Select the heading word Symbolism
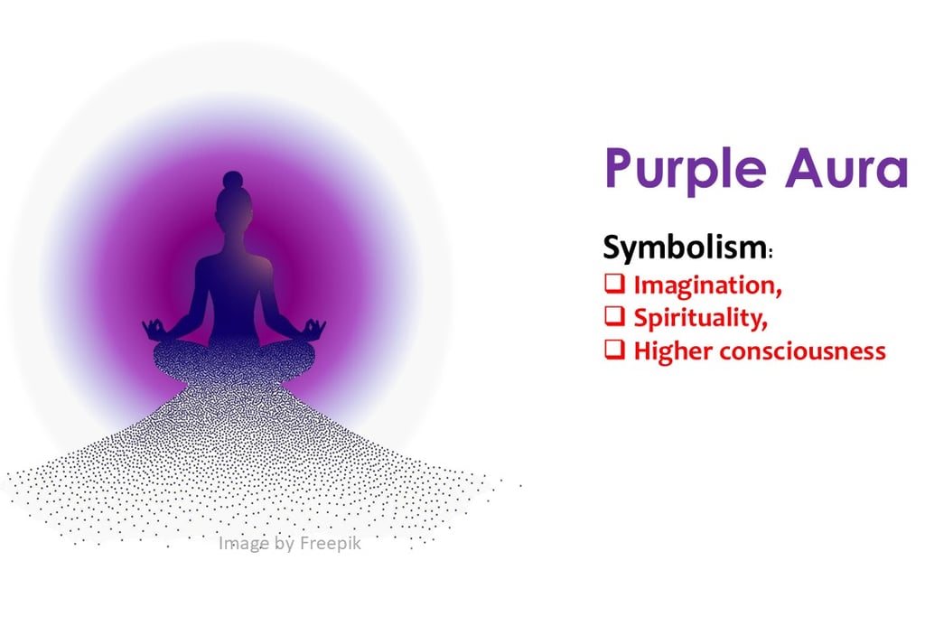pos(685,247)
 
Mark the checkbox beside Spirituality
pos(614,316)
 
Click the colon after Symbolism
pos(771,252)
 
